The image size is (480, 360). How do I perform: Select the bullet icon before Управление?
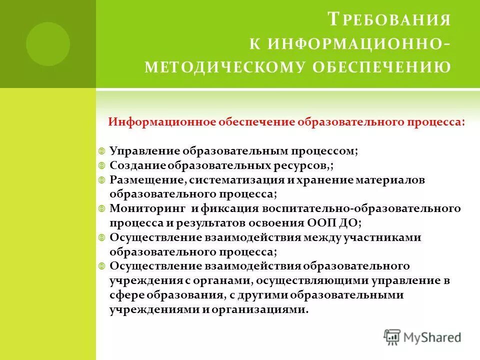[101, 150]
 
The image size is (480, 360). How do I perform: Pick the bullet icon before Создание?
[101, 165]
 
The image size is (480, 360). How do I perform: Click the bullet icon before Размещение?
[101, 179]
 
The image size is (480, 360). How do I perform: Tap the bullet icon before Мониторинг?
[101, 208]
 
